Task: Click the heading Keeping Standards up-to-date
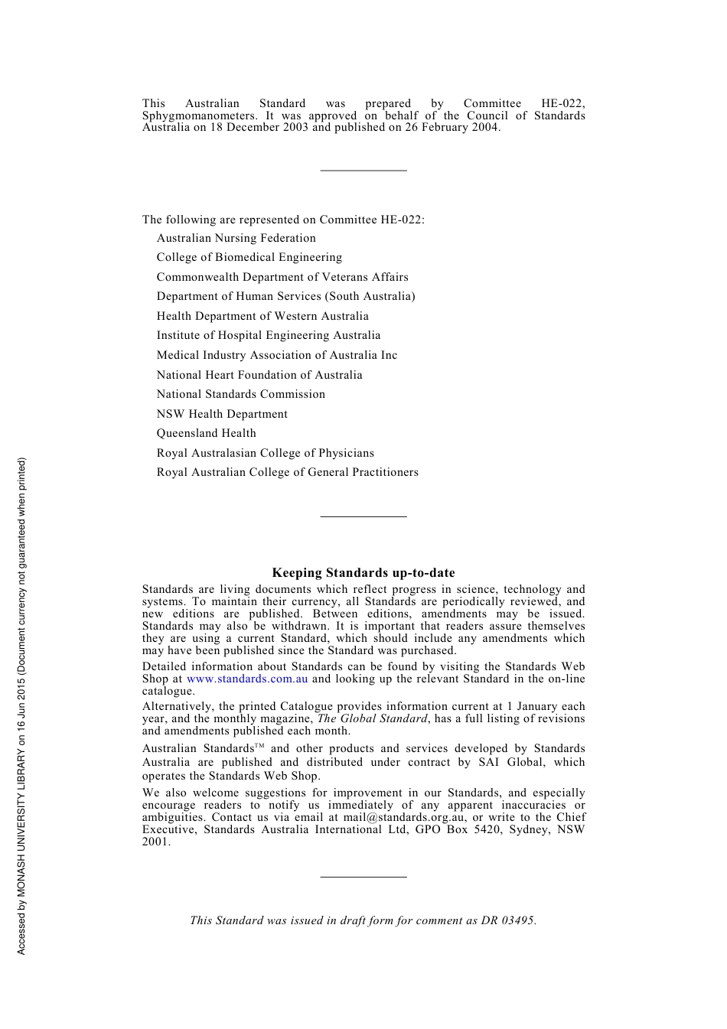click(x=363, y=572)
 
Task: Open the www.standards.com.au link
click(x=247, y=679)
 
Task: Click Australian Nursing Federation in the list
click(x=236, y=238)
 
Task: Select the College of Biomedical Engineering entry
click(x=249, y=257)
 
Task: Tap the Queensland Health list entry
click(x=206, y=433)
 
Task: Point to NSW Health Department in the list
click(x=222, y=414)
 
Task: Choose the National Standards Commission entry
click(x=240, y=394)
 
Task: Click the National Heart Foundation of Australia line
click(x=259, y=375)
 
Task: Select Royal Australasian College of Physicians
click(x=265, y=453)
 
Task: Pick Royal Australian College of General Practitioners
click(x=287, y=472)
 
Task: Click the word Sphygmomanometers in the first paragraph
click(x=199, y=116)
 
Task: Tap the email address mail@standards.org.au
click(x=403, y=817)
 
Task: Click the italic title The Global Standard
click(x=372, y=718)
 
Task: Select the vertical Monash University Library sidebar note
click(x=21, y=705)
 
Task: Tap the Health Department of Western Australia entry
click(x=262, y=316)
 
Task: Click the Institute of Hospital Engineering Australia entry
click(x=268, y=335)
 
